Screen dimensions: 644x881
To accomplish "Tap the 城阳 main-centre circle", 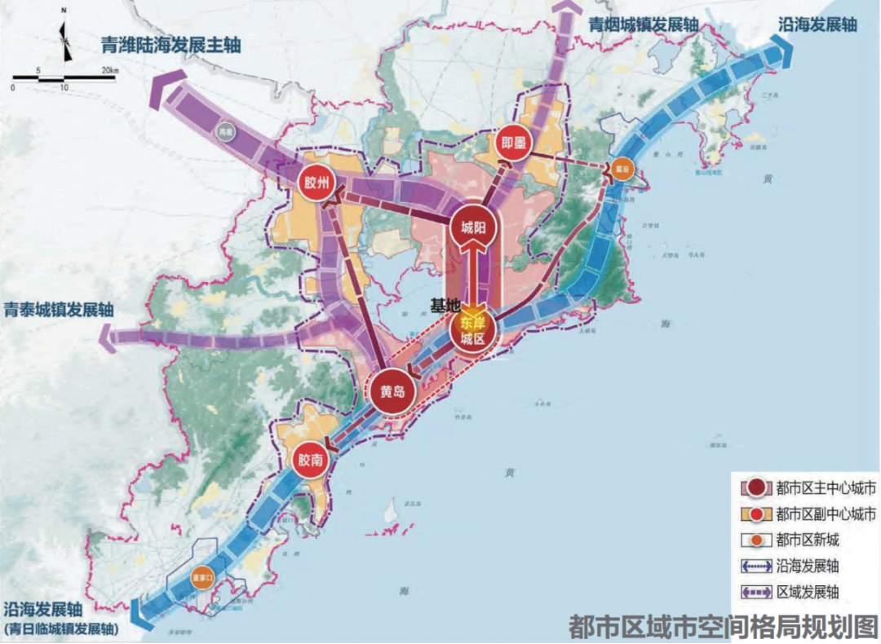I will coord(473,228).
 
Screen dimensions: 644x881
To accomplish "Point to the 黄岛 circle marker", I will coord(392,390).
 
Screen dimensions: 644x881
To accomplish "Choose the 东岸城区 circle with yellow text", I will coord(472,331).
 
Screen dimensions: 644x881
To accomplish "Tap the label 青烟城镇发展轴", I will coord(644,24).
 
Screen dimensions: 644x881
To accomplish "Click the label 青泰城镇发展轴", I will coord(59,310).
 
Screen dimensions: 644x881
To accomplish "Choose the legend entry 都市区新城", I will coord(808,540).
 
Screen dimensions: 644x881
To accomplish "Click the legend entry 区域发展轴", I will coord(808,593).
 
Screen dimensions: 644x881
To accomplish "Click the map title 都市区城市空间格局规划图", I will coord(723,625).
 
